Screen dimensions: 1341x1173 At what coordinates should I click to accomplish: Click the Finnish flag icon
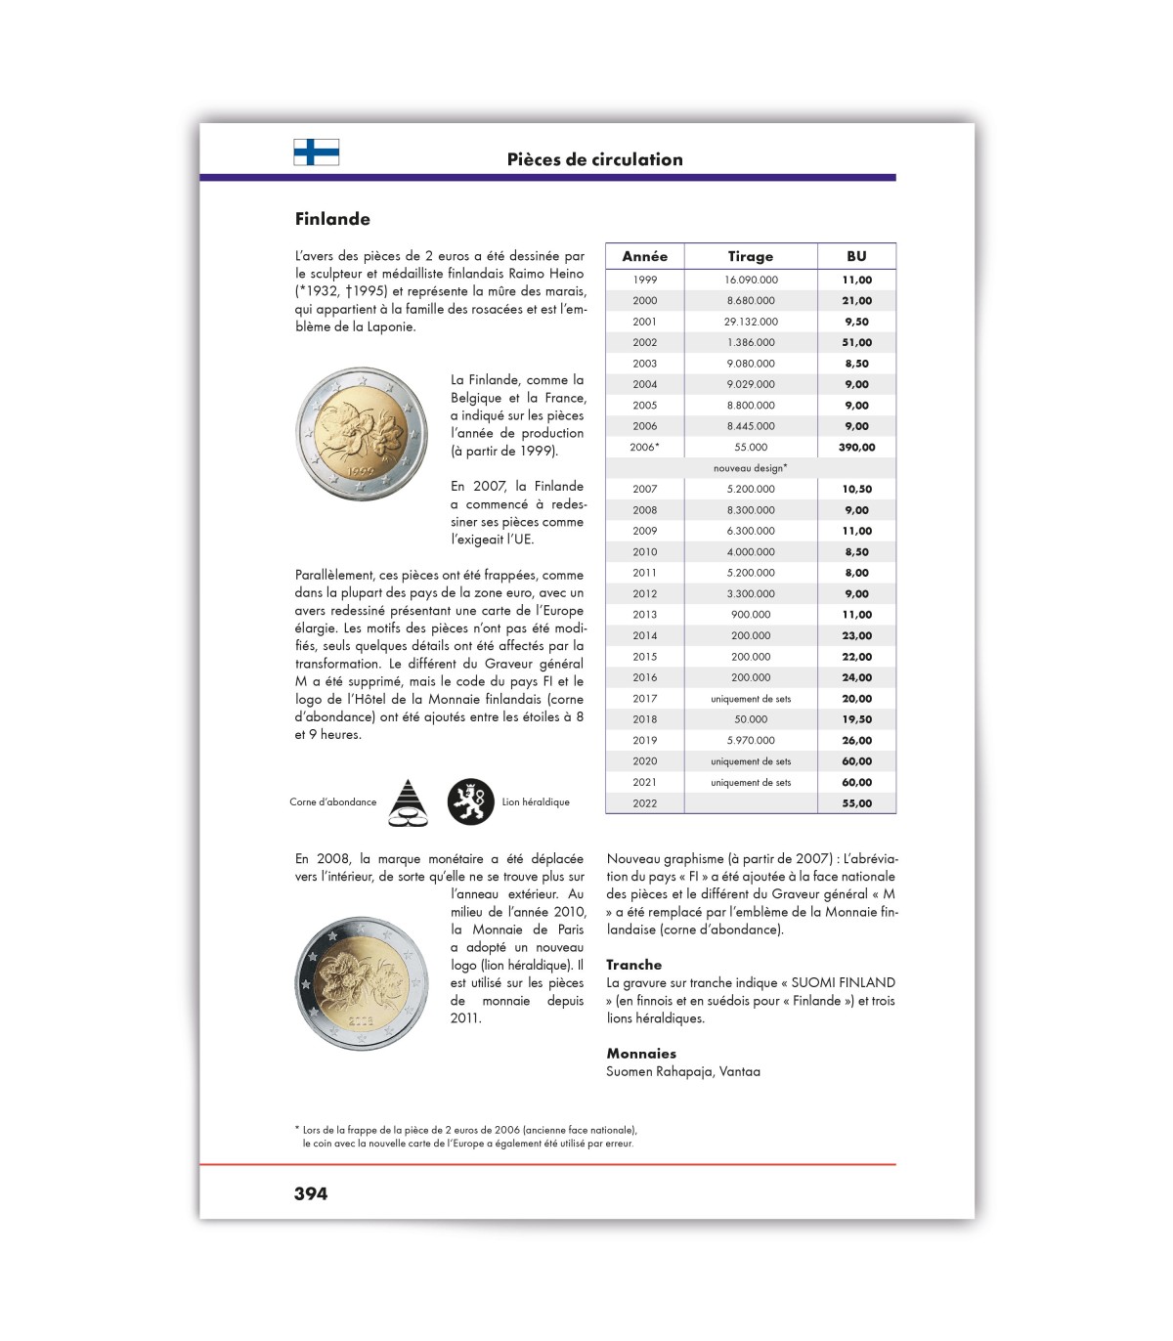316,151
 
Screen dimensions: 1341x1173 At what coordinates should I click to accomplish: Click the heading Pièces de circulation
594,159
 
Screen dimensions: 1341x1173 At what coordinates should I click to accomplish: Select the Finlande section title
332,219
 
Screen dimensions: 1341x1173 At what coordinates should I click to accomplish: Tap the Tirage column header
750,256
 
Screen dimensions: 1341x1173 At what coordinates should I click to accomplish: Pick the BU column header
856,256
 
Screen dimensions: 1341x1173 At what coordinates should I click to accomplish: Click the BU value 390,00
856,447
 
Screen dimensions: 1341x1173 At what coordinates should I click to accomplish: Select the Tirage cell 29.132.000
751,322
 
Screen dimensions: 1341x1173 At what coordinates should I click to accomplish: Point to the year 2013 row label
644,615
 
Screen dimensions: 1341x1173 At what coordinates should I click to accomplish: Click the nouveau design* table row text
750,468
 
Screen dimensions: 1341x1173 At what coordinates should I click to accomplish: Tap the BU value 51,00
856,342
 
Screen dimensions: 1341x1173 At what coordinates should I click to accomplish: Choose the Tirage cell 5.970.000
751,740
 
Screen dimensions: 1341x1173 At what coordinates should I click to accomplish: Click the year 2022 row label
644,803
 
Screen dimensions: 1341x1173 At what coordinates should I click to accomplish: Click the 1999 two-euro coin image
363,434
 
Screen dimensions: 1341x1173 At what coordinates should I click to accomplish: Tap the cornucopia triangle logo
408,802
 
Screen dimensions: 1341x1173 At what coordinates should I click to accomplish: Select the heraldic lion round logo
471,802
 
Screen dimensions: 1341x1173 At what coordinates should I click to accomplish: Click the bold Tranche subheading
633,965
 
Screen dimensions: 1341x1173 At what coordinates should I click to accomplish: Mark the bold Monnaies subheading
641,1054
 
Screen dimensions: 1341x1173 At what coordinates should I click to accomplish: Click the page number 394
311,1193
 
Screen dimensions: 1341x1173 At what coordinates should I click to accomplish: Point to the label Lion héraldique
536,802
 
